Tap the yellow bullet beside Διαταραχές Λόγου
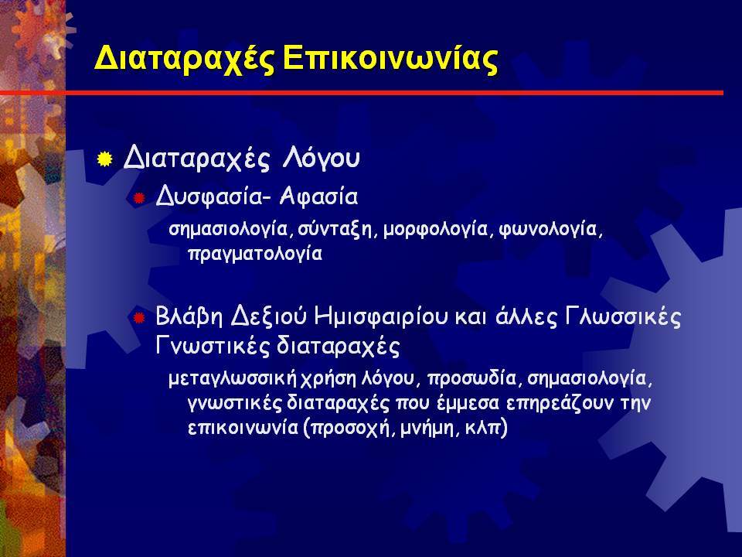click(x=104, y=159)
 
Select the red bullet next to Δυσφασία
click(x=138, y=198)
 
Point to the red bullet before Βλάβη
click(x=138, y=317)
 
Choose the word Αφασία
click(x=318, y=196)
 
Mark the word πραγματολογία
click(x=256, y=254)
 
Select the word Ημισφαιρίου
click(x=380, y=316)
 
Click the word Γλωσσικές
click(x=623, y=316)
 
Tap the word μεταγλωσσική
click(x=233, y=379)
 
